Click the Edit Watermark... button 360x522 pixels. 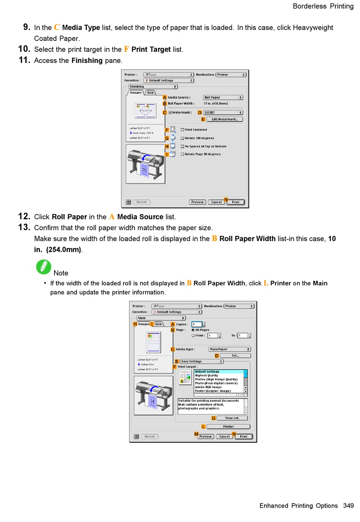(225, 119)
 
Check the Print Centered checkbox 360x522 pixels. (182, 130)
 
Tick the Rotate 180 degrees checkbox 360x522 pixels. (182, 138)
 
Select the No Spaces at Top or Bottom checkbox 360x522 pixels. (182, 146)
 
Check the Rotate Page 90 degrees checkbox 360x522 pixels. (182, 154)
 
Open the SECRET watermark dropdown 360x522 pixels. (223, 113)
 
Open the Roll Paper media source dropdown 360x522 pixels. (223, 97)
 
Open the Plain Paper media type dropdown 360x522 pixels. (229, 349)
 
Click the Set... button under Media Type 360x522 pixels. (235, 356)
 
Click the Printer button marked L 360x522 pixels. (228, 427)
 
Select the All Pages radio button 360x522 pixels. (193, 330)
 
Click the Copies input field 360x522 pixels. (197, 324)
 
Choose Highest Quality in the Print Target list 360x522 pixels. (207, 375)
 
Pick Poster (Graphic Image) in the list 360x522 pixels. (213, 391)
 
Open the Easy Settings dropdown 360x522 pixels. (202, 361)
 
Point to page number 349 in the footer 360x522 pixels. (348, 506)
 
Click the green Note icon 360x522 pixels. (44, 267)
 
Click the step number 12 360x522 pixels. (24, 216)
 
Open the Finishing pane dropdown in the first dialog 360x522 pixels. (153, 86)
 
